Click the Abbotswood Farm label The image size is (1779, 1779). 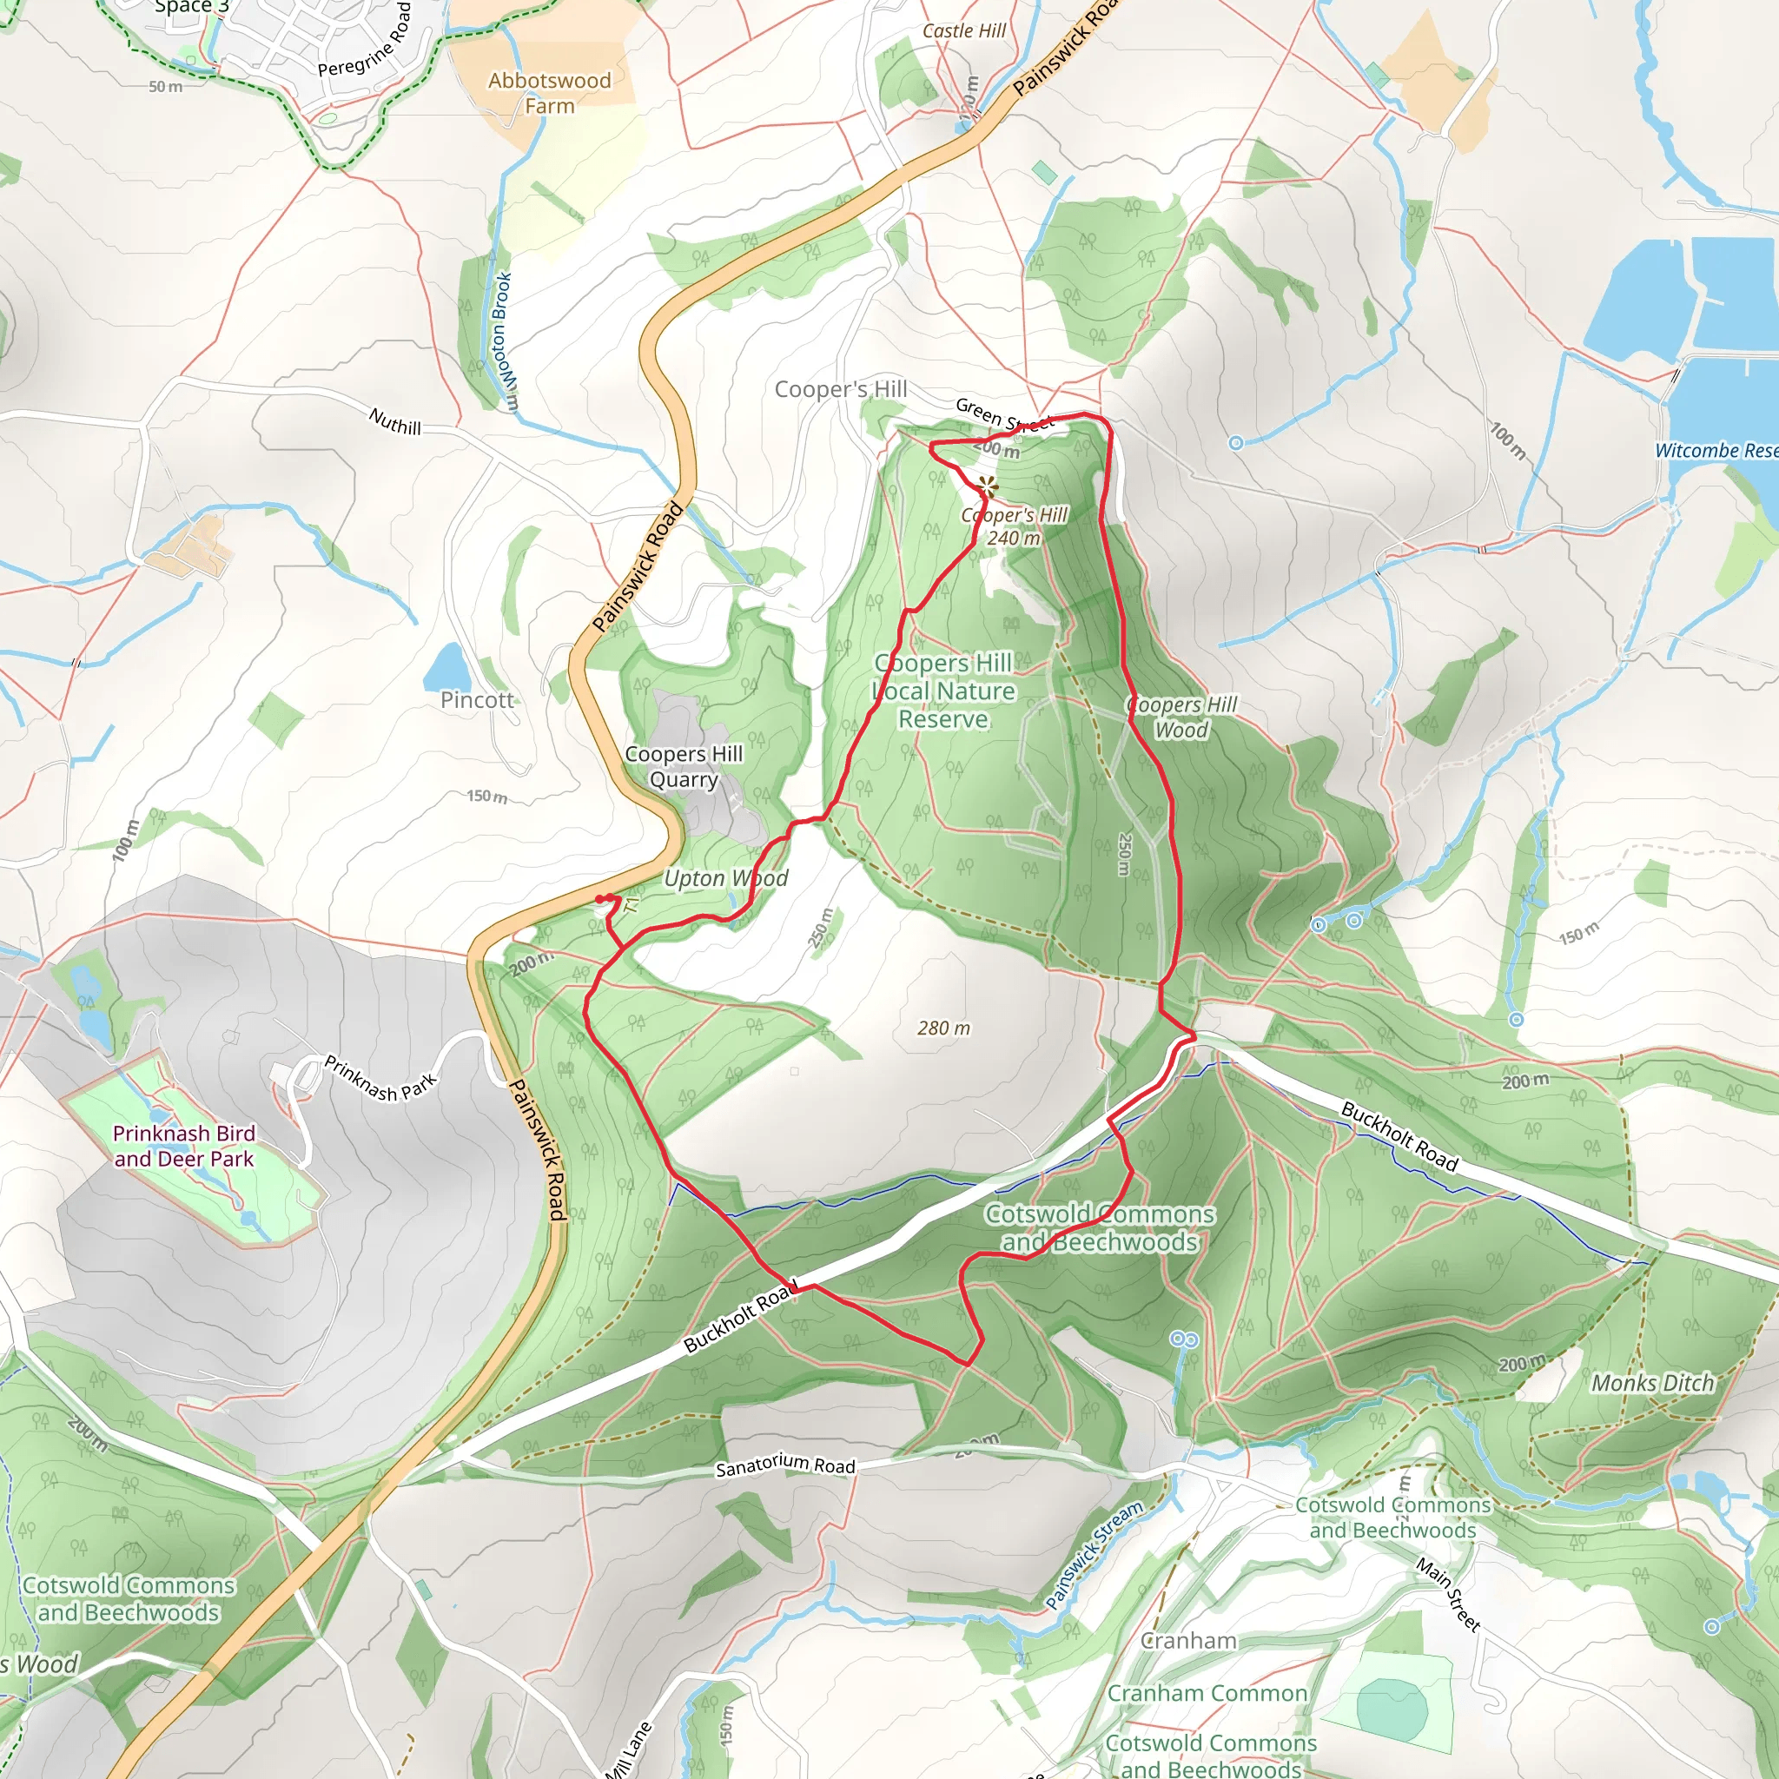[549, 93]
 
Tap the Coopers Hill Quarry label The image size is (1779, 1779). [684, 766]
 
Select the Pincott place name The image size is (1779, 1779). [476, 700]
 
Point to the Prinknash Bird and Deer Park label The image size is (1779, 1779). [183, 1146]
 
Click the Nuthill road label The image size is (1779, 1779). [395, 421]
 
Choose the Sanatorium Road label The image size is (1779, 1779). [785, 1465]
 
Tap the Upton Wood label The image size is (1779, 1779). [725, 878]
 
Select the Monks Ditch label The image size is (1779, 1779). [1652, 1382]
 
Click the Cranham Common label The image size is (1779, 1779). [1207, 1692]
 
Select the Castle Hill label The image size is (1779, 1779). [964, 30]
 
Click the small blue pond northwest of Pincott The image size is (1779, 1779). [447, 668]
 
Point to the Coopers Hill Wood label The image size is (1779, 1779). [1181, 718]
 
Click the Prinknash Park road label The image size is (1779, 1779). [380, 1078]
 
